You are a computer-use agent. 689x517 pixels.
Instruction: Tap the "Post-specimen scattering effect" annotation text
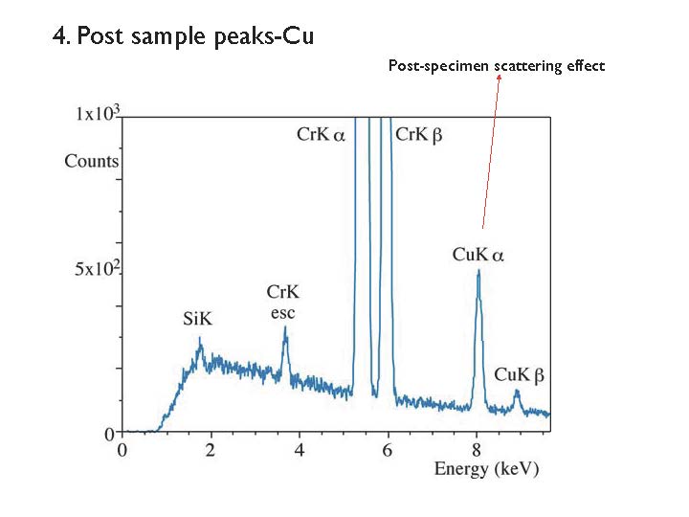pyautogui.click(x=496, y=66)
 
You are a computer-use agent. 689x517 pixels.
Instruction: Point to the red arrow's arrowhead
pyautogui.click(x=499, y=79)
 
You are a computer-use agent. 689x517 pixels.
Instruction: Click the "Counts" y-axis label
pyautogui.click(x=92, y=161)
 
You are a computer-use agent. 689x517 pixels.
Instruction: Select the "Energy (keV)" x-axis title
pyautogui.click(x=486, y=469)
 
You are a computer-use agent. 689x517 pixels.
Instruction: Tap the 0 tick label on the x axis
pyautogui.click(x=122, y=449)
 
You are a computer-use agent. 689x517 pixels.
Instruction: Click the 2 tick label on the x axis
pyautogui.click(x=211, y=449)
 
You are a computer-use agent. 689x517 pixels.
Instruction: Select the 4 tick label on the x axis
pyautogui.click(x=300, y=449)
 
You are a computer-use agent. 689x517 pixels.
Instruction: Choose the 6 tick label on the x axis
pyautogui.click(x=389, y=449)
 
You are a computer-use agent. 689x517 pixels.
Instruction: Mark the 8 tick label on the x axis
pyautogui.click(x=478, y=449)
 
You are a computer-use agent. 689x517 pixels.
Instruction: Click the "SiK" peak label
pyautogui.click(x=198, y=318)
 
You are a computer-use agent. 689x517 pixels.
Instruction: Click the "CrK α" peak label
pyautogui.click(x=321, y=136)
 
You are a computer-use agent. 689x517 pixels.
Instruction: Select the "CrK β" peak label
pyautogui.click(x=418, y=136)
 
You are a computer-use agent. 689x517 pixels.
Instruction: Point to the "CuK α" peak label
pyautogui.click(x=478, y=255)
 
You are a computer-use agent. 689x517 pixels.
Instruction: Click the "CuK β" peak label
pyautogui.click(x=520, y=374)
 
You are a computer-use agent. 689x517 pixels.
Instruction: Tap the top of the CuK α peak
pyautogui.click(x=478, y=271)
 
